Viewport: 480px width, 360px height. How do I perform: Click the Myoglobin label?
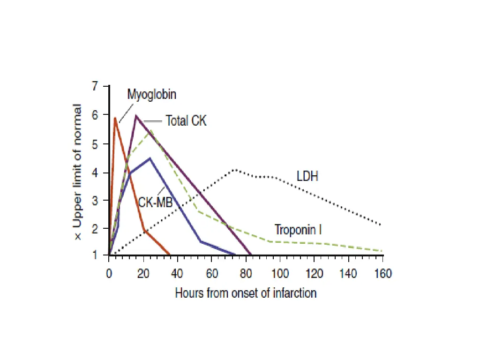point(152,94)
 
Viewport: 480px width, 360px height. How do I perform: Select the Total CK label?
point(186,120)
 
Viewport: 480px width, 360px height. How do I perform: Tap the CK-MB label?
point(155,202)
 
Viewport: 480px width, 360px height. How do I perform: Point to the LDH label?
point(307,177)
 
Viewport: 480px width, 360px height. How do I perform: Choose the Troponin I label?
point(298,230)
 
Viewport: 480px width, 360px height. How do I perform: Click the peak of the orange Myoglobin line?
point(115,118)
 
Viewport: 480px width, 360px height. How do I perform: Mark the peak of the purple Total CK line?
point(136,115)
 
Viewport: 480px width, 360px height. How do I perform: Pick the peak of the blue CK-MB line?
point(150,158)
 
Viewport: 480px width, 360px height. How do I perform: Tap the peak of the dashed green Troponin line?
point(151,132)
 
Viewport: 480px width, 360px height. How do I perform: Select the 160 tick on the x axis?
point(382,274)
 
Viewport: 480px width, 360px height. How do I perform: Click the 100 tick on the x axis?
point(280,274)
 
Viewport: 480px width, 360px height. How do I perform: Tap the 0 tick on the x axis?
point(109,274)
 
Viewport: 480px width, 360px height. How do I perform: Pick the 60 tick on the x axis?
point(211,274)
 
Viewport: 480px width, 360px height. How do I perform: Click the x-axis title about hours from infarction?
point(246,293)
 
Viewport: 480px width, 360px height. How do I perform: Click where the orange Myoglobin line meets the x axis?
point(170,255)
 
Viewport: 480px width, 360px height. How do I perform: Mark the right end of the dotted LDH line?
point(380,225)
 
